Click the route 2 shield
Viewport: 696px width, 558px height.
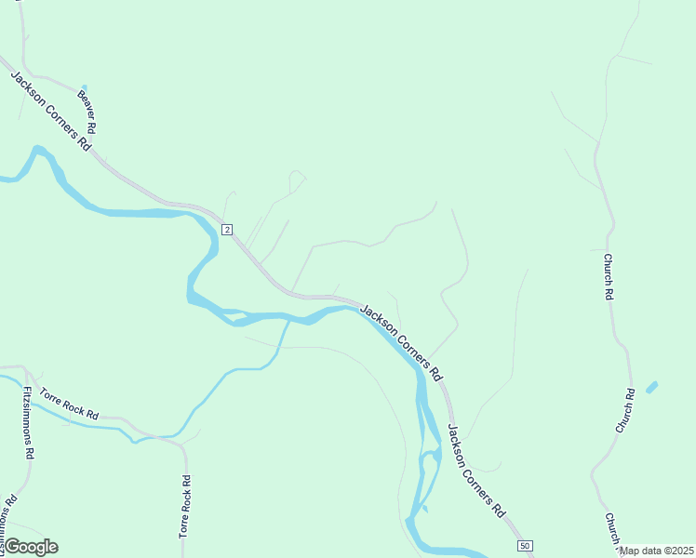[226, 229]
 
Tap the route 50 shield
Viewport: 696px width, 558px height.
[526, 545]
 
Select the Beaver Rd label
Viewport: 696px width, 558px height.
[87, 110]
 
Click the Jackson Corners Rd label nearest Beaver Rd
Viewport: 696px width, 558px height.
[51, 110]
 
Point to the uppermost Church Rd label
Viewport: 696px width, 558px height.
[609, 276]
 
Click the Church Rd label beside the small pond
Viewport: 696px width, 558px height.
[623, 410]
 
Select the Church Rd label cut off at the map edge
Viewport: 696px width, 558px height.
[611, 530]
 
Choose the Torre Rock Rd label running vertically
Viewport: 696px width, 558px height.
[185, 507]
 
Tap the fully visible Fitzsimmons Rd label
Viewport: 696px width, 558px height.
[29, 422]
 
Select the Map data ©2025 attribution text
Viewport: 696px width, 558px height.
[657, 551]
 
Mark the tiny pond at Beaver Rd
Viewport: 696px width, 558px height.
[84, 86]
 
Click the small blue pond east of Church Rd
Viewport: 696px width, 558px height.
[651, 387]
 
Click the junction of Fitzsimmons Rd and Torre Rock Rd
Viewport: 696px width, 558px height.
[25, 368]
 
